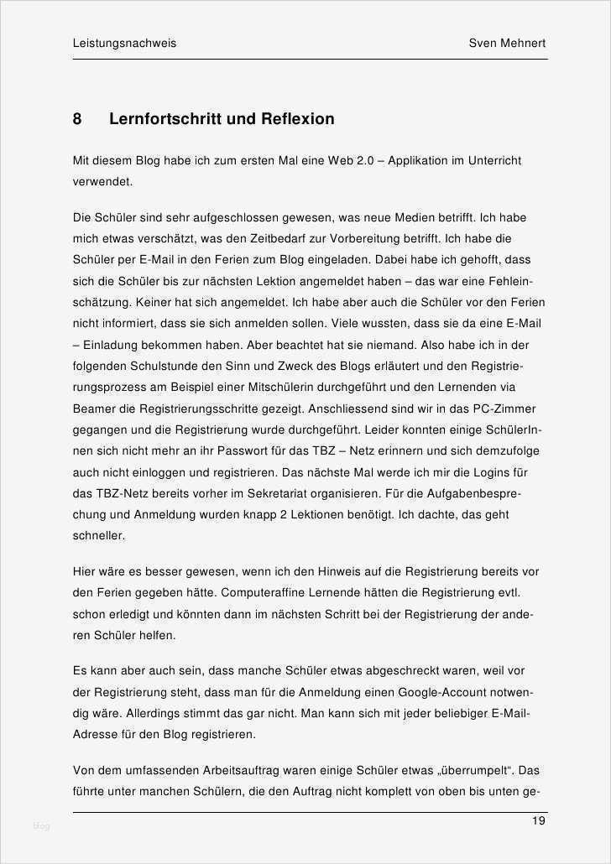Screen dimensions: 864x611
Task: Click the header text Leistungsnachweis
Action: [124, 44]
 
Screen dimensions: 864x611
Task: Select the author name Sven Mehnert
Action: [507, 44]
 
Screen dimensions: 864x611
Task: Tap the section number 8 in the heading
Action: [77, 119]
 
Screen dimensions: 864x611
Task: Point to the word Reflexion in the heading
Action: [296, 119]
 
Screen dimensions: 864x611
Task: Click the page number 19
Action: [538, 820]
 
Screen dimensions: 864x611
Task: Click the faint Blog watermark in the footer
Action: [42, 826]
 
